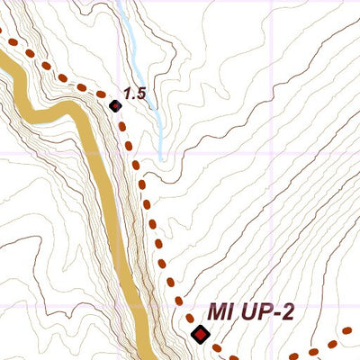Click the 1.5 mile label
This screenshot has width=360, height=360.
(x=135, y=93)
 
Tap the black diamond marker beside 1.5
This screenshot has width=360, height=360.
(x=115, y=106)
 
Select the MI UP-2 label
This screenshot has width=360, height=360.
(x=251, y=311)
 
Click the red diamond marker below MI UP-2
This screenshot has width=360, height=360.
(x=200, y=336)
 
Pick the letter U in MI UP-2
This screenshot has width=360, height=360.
(x=245, y=311)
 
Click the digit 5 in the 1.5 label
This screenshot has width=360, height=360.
(x=141, y=93)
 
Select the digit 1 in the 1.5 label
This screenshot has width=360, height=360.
(x=128, y=93)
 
